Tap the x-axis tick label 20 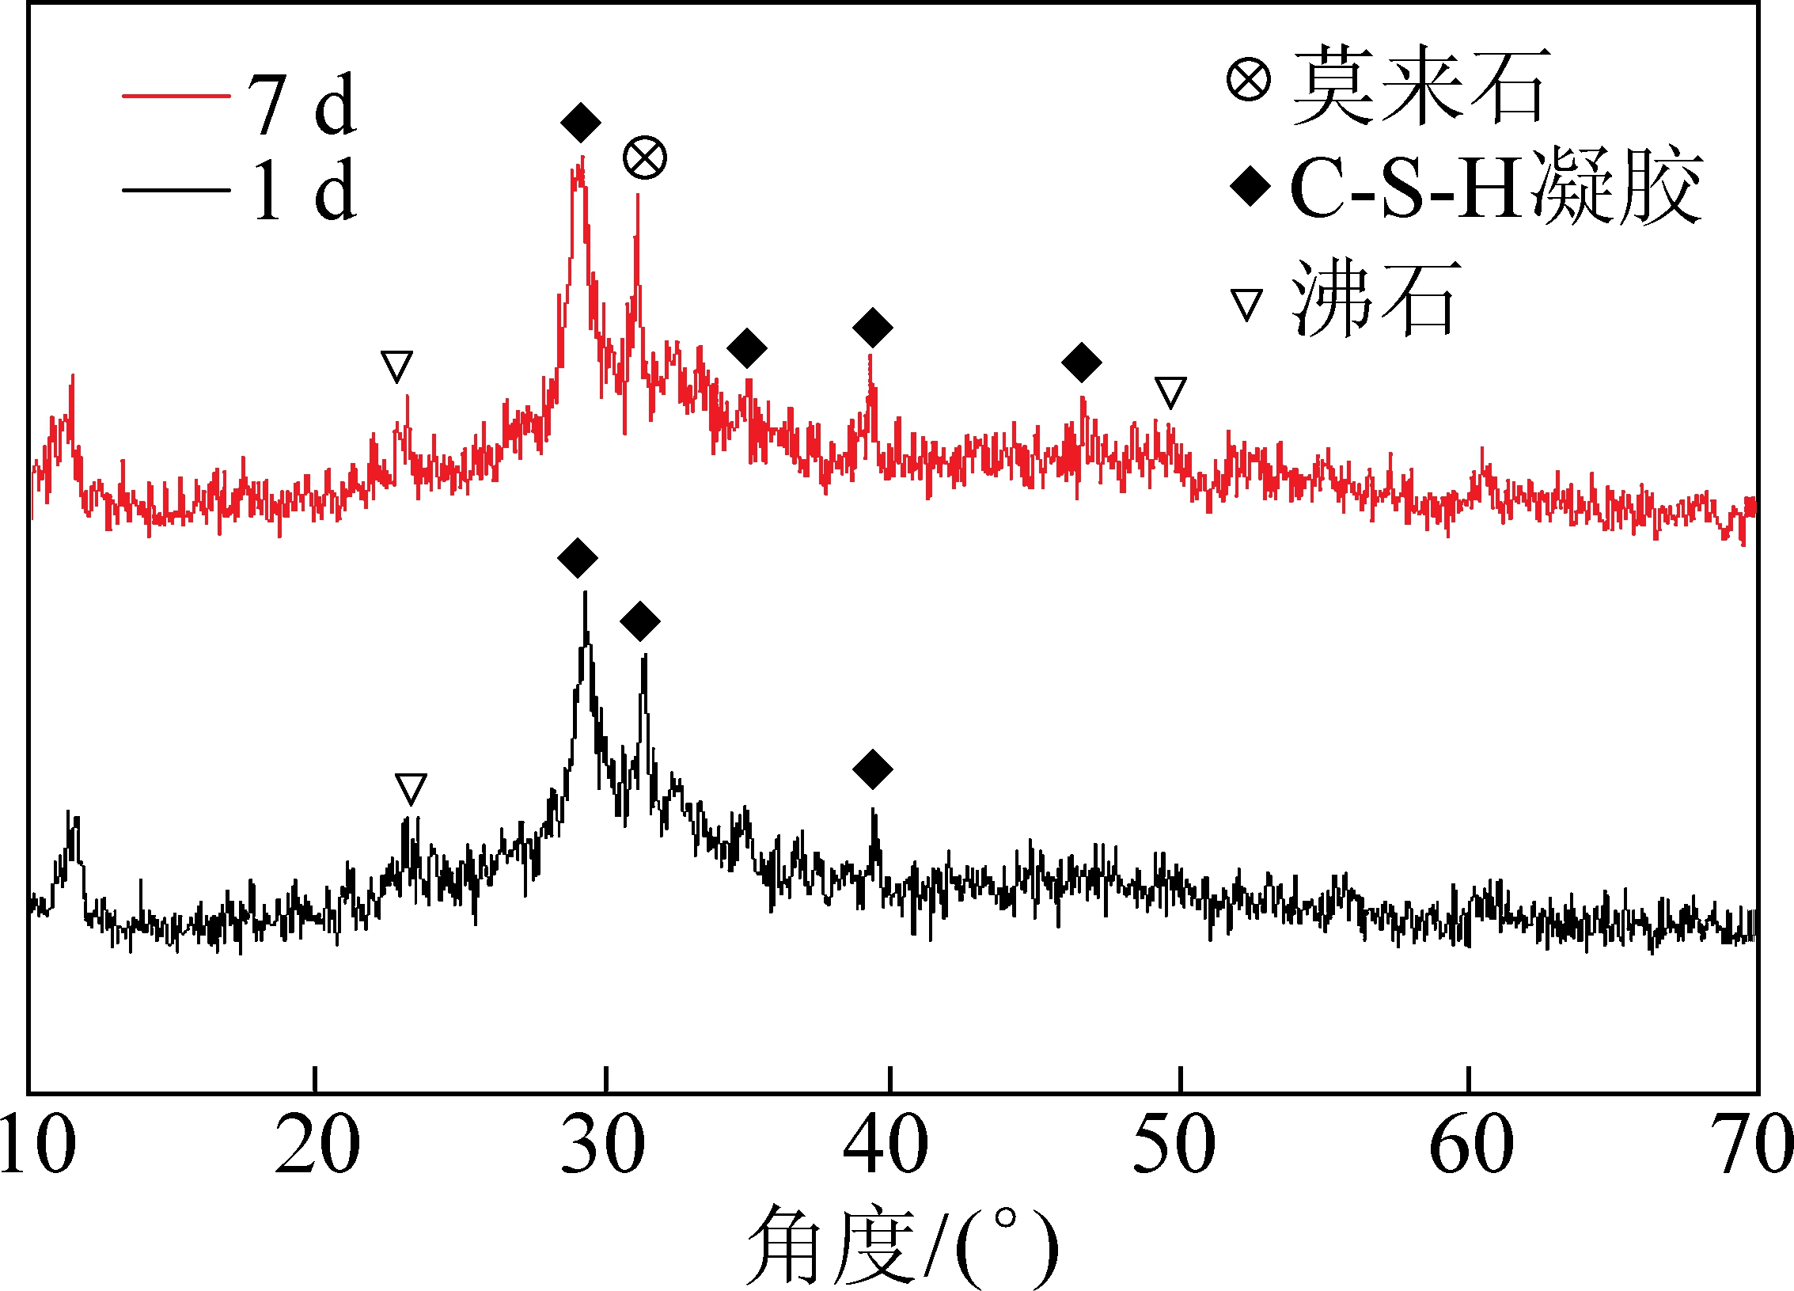click(x=317, y=1145)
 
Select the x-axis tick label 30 click(x=603, y=1145)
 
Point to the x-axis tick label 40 click(x=886, y=1145)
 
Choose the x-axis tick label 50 click(x=1174, y=1145)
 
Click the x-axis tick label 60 click(x=1471, y=1145)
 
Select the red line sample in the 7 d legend click(x=176, y=97)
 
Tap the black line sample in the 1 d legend click(x=176, y=190)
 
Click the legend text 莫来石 click(x=1420, y=85)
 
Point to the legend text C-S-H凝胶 click(x=1496, y=188)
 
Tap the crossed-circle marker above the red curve click(x=645, y=158)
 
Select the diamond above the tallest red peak click(x=580, y=123)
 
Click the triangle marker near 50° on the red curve click(x=1170, y=392)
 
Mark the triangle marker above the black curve click(x=411, y=788)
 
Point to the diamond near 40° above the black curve click(x=873, y=769)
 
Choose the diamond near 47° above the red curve click(x=1082, y=363)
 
